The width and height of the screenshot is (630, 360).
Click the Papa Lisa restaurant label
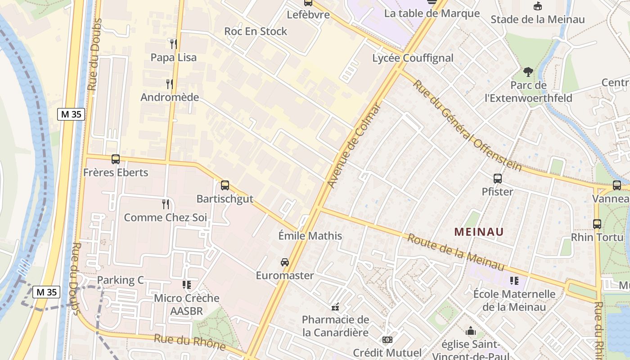(x=173, y=58)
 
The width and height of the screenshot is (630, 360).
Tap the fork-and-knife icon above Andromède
(x=170, y=84)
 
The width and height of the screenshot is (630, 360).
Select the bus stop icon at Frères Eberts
(x=116, y=159)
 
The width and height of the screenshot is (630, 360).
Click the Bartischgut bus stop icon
(x=225, y=185)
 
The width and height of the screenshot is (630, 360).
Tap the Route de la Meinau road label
(x=455, y=252)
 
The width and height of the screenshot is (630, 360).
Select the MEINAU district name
(x=479, y=232)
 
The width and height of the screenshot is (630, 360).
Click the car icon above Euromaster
(x=285, y=262)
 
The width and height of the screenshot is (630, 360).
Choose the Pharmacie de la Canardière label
(x=335, y=326)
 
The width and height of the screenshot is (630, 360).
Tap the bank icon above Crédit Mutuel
(x=387, y=340)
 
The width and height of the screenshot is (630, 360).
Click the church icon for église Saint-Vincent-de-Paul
(x=471, y=331)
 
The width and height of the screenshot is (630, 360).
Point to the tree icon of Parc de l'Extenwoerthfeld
(x=528, y=72)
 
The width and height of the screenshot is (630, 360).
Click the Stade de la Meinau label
(x=537, y=19)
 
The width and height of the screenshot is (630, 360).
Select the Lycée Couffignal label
(x=413, y=58)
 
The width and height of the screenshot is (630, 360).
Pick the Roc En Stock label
(x=256, y=31)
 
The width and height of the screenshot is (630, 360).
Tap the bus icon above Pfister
(x=497, y=178)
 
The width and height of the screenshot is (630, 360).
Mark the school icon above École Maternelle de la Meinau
(x=514, y=281)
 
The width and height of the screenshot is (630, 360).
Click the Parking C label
(x=120, y=280)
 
